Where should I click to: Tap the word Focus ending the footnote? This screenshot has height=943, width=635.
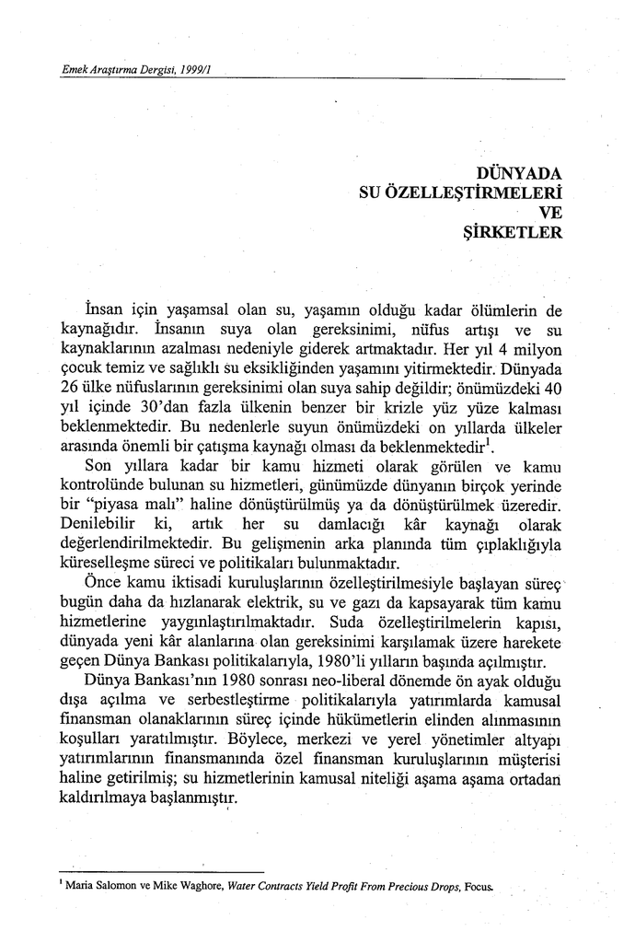pyautogui.click(x=482, y=885)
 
